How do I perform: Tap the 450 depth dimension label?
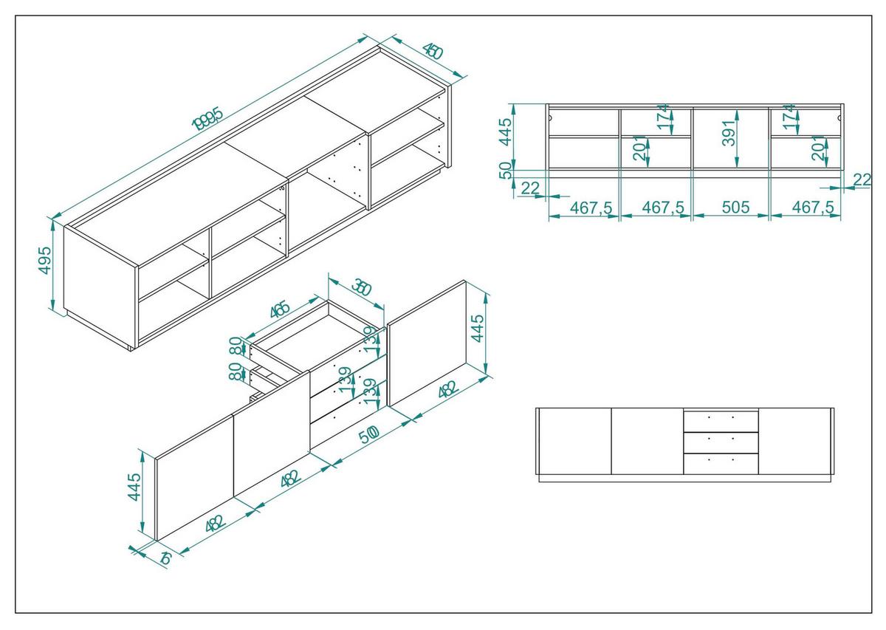432,51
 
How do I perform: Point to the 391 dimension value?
730,132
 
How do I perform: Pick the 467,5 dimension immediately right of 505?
812,208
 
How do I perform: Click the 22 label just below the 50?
530,189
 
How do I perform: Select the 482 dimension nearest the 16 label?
214,524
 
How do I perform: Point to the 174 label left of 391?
664,117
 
